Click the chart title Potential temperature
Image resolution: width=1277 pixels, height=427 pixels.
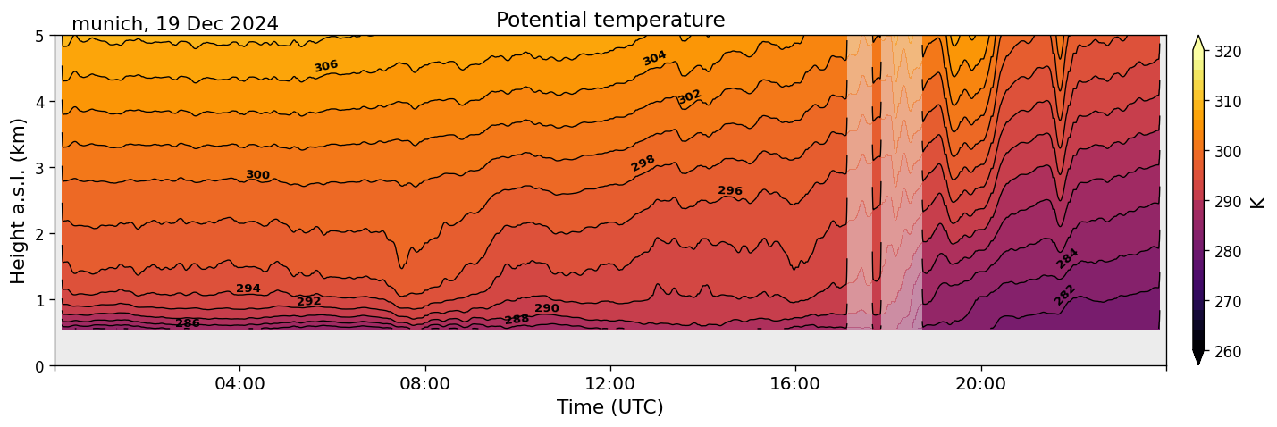(610, 20)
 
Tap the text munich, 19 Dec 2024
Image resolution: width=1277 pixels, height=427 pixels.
(174, 24)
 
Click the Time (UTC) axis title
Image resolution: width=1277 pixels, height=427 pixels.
(610, 407)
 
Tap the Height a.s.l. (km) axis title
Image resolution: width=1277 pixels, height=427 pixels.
(19, 200)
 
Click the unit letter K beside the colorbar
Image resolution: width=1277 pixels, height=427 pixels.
(1258, 201)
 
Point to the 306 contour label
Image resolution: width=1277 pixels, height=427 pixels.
(326, 66)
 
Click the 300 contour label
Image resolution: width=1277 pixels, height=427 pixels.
(257, 175)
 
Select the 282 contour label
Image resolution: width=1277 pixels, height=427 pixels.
(1064, 295)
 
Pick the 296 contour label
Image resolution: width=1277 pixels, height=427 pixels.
(730, 191)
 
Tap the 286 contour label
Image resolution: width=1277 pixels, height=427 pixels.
(188, 323)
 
